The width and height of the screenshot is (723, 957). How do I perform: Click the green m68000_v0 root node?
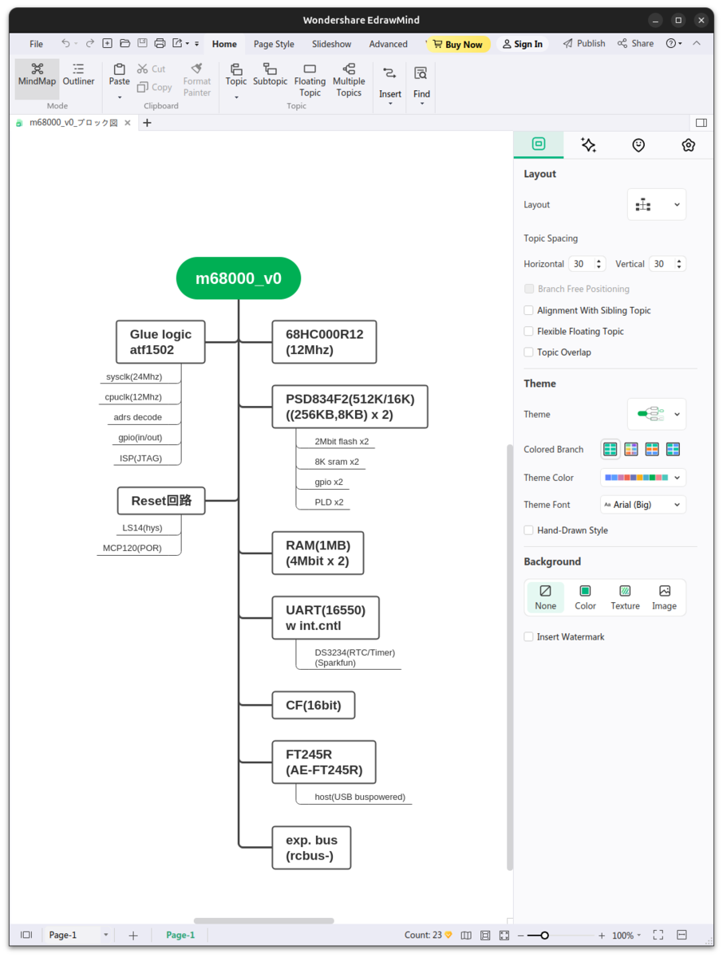238,278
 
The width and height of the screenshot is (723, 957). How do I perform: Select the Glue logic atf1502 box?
160,342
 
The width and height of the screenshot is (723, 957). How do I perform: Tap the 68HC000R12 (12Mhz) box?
324,342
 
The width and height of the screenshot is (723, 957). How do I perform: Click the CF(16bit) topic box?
313,705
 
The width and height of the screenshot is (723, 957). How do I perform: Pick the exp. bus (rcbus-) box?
311,848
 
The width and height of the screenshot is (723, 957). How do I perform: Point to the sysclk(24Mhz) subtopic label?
134,376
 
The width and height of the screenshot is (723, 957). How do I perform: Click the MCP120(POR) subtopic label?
132,548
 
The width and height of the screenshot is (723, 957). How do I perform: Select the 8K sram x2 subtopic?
337,462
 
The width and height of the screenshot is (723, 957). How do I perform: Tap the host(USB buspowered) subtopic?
360,797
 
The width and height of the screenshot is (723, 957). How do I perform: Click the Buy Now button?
458,44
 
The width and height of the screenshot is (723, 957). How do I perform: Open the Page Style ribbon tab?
274,44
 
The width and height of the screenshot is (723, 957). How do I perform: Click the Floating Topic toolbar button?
310,81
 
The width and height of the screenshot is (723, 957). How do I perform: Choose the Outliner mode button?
78,75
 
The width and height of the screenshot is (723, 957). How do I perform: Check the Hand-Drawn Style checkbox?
528,530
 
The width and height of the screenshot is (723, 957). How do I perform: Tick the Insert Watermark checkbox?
528,636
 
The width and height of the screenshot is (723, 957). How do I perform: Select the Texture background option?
625,597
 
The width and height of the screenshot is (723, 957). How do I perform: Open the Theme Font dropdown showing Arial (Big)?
642,505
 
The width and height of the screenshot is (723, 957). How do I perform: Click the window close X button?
701,20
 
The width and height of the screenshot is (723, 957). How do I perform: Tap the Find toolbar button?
421,85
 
